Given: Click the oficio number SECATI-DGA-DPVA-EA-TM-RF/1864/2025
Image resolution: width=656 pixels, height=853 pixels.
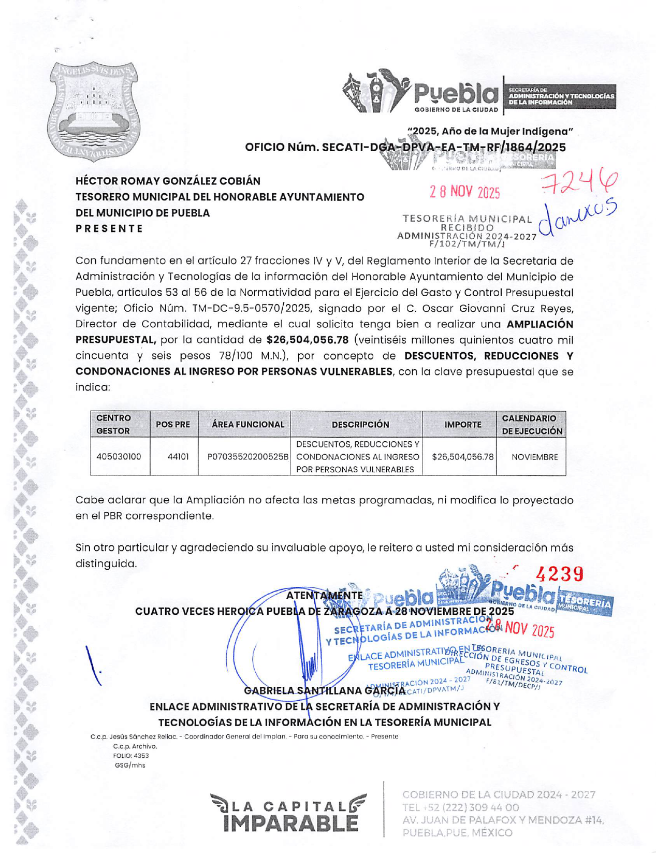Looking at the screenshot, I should click(405, 147).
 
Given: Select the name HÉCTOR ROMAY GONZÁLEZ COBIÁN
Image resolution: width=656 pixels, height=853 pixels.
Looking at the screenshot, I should click(168, 181).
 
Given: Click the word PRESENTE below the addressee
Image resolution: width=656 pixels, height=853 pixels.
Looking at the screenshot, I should click(109, 228).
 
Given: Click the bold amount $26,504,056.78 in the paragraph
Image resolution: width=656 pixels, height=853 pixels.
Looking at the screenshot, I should click(307, 340).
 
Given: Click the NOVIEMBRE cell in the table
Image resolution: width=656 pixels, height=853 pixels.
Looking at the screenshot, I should click(534, 457).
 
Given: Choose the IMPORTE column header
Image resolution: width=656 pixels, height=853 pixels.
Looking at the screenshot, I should click(463, 424).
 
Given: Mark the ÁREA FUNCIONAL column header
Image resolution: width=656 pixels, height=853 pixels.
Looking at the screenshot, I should click(248, 424).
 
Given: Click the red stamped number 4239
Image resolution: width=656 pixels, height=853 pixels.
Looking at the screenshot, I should click(560, 574).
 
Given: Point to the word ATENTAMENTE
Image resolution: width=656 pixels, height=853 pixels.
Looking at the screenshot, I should click(324, 596).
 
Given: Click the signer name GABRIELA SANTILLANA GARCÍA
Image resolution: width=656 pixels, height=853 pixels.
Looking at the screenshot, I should click(324, 690).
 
